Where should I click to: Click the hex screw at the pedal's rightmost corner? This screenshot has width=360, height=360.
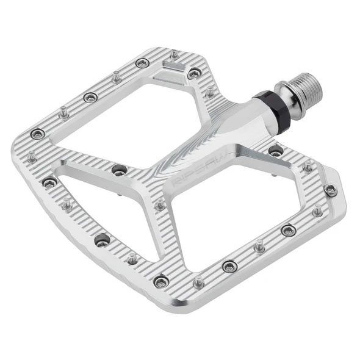[331, 190]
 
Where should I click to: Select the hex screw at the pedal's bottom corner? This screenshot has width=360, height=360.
[161, 281]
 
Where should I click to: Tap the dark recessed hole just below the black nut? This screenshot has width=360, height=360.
[276, 151]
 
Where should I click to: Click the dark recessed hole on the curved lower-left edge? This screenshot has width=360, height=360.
[102, 240]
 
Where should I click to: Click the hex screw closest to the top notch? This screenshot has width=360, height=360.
[193, 74]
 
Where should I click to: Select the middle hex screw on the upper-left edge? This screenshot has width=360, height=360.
[91, 96]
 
